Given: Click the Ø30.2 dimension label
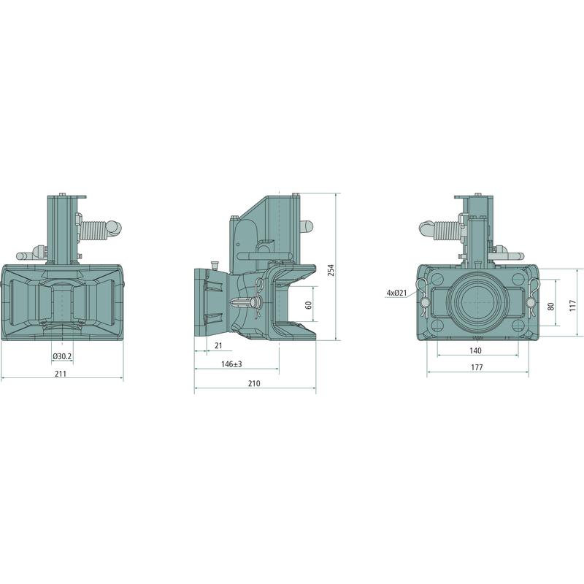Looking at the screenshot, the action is click(62, 356).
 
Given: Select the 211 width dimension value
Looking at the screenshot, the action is click(61, 374).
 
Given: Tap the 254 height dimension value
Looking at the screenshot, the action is click(331, 270).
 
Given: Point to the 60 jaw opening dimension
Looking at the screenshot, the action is click(308, 305).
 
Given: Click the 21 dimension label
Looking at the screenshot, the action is click(218, 345).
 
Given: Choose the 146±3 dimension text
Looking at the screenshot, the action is click(231, 364).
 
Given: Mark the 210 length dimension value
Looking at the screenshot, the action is click(254, 383).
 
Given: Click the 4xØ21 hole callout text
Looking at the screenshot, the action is click(396, 293).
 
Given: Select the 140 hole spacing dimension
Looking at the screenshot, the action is click(476, 350).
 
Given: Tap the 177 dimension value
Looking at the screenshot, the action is click(477, 367).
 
